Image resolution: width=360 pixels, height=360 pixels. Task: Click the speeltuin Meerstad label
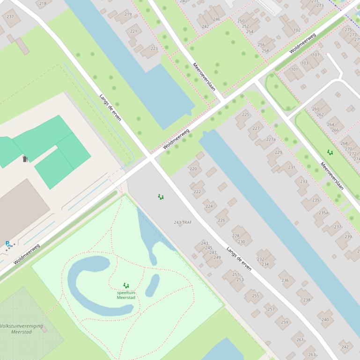(126, 295)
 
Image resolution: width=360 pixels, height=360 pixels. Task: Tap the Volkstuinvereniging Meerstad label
(22, 329)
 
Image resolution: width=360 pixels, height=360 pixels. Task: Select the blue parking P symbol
(7, 244)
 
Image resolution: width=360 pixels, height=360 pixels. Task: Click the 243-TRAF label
(183, 223)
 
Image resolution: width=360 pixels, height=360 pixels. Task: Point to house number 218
(43, 4)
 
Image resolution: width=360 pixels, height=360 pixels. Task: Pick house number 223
(154, 49)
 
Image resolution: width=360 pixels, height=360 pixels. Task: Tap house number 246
(216, 19)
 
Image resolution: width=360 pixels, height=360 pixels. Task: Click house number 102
(297, 30)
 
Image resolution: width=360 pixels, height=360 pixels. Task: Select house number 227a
(271, 139)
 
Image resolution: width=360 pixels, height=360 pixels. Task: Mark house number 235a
(323, 212)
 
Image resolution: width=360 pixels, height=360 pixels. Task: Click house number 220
(193, 169)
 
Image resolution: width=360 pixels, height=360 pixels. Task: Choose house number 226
(221, 220)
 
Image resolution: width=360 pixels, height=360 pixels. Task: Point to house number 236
(285, 280)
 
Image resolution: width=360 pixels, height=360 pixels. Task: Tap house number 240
(325, 320)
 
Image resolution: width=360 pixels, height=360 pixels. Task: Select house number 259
(285, 322)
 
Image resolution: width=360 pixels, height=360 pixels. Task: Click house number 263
(312, 355)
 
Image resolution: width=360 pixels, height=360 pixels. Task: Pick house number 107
(316, 55)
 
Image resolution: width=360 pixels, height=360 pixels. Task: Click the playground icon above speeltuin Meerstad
(126, 285)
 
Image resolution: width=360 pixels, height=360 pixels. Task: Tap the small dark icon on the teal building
(25, 159)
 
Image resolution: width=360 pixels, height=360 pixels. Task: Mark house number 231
(292, 167)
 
